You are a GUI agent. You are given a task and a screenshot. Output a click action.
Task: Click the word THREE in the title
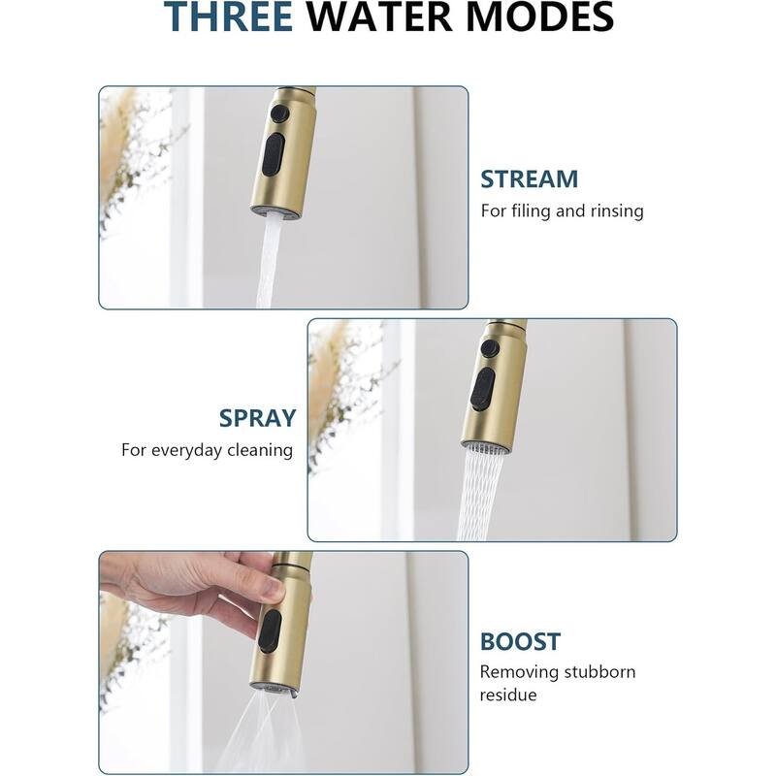pyautogui.click(x=229, y=16)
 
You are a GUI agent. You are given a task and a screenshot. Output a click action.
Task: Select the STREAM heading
pyautogui.click(x=529, y=179)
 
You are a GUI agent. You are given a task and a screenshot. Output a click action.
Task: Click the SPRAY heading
pyautogui.click(x=257, y=418)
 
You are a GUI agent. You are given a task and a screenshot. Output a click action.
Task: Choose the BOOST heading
pyautogui.click(x=520, y=642)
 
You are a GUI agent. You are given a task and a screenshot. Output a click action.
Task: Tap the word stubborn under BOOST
pyautogui.click(x=599, y=672)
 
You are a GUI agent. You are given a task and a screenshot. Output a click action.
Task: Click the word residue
pyautogui.click(x=508, y=695)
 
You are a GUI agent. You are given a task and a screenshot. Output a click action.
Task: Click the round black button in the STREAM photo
pyautogui.click(x=280, y=113)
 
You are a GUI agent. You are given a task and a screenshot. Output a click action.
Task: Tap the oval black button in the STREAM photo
pyautogui.click(x=274, y=154)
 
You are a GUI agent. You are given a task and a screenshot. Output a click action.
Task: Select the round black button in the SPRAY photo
pyautogui.click(x=490, y=347)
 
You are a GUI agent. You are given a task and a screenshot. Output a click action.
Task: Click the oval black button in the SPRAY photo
pyautogui.click(x=482, y=389)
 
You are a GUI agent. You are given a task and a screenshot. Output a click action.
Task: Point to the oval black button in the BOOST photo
pyautogui.click(x=270, y=631)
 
